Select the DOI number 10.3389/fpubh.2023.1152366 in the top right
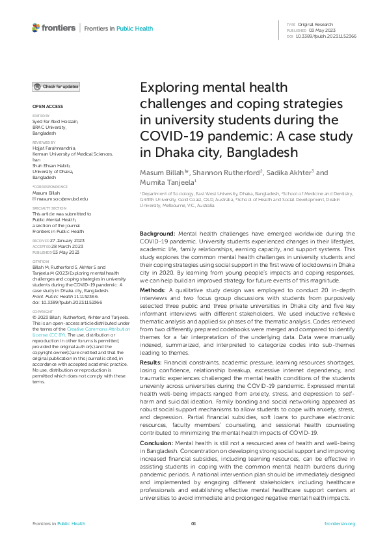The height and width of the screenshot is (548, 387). point(327,36)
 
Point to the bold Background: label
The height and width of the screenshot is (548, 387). point(157,233)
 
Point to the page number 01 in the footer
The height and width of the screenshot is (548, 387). point(193,524)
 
